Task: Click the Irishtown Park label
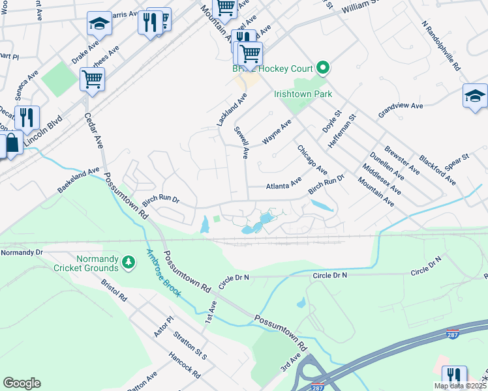303,94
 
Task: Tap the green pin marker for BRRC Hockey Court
322,68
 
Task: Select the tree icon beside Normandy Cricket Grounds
129,261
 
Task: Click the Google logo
22,383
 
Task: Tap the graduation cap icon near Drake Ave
99,24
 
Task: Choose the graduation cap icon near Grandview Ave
474,96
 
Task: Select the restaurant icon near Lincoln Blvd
27,117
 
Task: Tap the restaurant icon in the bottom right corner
454,377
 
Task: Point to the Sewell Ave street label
242,143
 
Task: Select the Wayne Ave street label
276,133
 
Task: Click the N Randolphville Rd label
442,46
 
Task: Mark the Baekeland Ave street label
78,181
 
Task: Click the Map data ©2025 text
460,386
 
